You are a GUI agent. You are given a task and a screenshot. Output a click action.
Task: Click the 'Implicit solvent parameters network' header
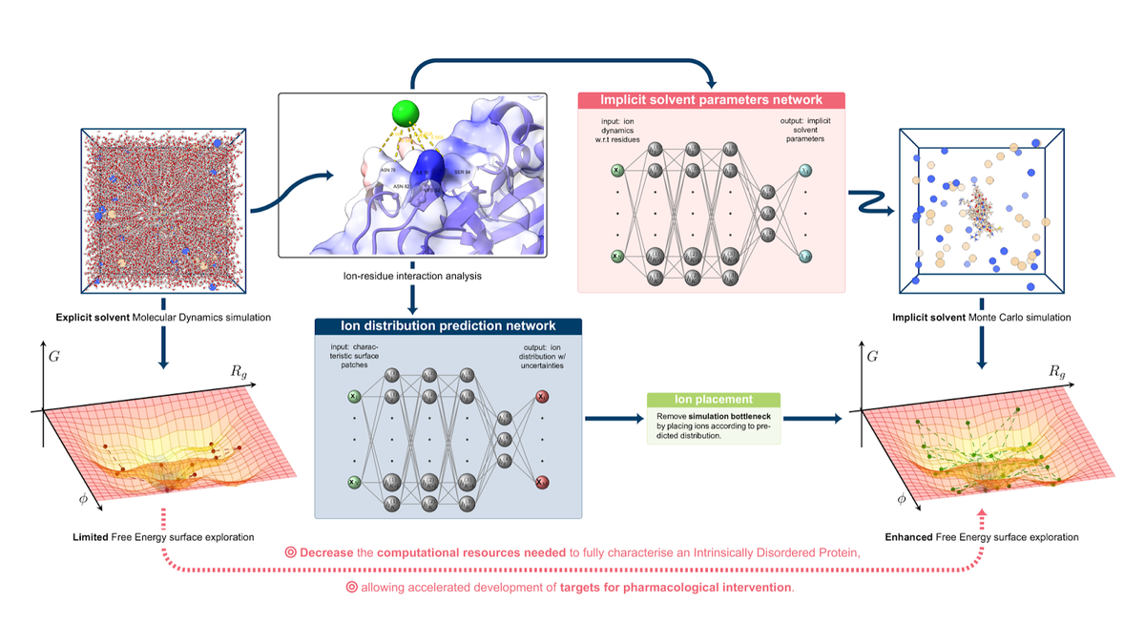click(x=711, y=99)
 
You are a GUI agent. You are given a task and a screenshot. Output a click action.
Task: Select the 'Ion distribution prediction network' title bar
click(x=448, y=326)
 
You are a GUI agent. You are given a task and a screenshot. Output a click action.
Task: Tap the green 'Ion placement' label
click(x=713, y=401)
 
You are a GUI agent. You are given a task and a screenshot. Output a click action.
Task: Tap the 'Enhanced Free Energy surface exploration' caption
click(x=980, y=537)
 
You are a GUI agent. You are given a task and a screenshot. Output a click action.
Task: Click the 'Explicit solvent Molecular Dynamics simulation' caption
click(x=165, y=316)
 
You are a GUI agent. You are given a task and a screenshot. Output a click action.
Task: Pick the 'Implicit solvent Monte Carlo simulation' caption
click(x=981, y=316)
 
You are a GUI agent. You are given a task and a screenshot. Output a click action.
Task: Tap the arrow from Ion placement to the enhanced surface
click(x=811, y=418)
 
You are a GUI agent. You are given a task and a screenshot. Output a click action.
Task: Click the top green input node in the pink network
click(x=617, y=171)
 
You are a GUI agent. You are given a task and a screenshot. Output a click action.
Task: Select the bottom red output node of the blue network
click(x=543, y=482)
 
